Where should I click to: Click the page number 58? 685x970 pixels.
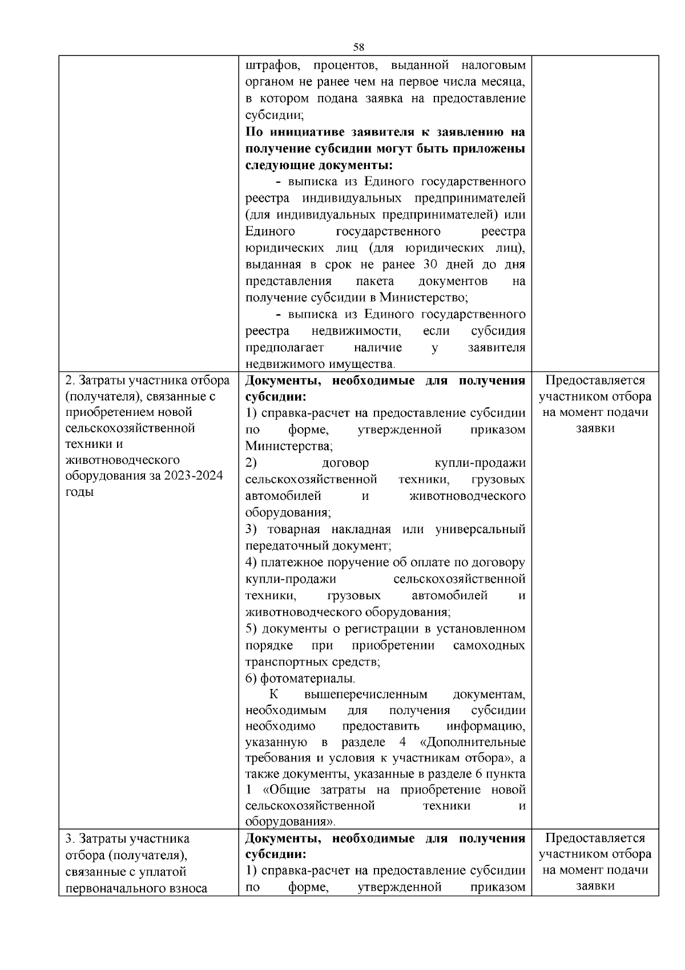pyautogui.click(x=358, y=47)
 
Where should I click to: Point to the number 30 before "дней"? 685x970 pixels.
pyautogui.click(x=430, y=265)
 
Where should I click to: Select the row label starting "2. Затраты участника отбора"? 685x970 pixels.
pyautogui.click(x=147, y=380)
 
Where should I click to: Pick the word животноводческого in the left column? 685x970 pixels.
pyautogui.click(x=123, y=460)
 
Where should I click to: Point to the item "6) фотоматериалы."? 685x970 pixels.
pyautogui.click(x=300, y=679)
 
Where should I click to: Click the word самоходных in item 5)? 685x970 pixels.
pyautogui.click(x=489, y=646)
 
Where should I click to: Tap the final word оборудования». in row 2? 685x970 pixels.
pyautogui.click(x=290, y=822)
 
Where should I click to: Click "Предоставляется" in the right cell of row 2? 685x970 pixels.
pyautogui.click(x=595, y=380)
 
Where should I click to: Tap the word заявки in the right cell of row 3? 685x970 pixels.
pyautogui.click(x=595, y=887)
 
